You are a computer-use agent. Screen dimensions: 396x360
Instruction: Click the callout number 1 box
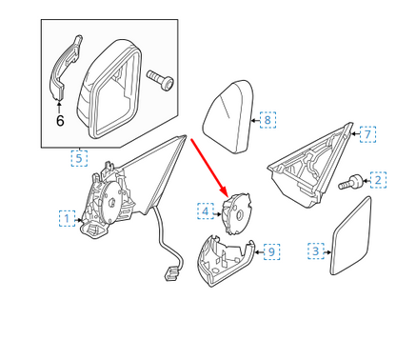point(67,218)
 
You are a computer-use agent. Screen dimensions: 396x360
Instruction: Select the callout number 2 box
point(378,180)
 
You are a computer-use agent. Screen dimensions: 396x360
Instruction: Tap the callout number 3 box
point(316,251)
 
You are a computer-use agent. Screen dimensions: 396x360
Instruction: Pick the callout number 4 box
point(206,211)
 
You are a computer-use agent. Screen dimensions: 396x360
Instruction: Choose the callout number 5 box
point(79,158)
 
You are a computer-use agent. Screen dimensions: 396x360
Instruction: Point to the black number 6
point(60,121)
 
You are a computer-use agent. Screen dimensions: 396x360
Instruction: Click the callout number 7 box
point(367,134)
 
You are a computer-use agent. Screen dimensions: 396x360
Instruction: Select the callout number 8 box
point(267,120)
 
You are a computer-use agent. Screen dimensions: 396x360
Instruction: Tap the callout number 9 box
point(271,251)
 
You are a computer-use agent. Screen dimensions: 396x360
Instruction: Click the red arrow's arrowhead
point(224,192)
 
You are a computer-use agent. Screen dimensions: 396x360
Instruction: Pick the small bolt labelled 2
point(351,182)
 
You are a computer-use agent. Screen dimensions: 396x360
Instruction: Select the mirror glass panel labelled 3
point(350,235)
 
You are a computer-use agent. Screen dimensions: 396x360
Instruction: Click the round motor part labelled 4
point(236,213)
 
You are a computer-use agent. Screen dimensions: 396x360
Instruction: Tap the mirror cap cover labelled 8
point(228,117)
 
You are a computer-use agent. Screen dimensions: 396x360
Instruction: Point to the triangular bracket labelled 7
point(310,165)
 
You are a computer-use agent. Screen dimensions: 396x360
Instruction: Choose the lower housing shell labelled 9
point(226,260)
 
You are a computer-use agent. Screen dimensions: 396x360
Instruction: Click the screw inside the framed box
point(161,80)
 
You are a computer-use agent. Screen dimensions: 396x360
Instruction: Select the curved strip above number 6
point(64,68)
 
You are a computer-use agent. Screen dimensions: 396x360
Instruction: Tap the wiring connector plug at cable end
point(171,274)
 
